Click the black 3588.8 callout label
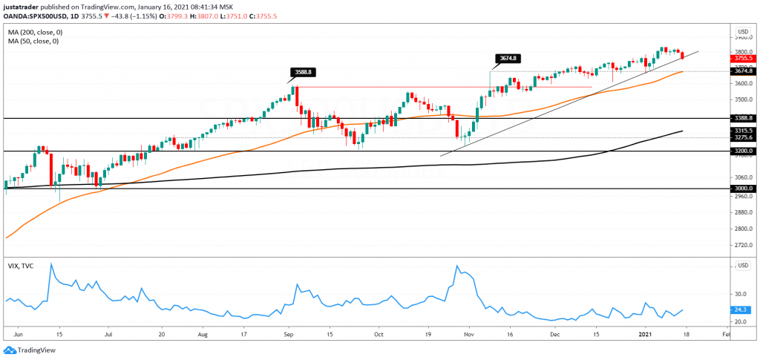(302, 72)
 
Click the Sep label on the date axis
(288, 335)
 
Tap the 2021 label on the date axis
(646, 335)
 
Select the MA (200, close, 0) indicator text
(36, 33)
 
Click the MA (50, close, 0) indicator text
(34, 42)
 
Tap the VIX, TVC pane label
(20, 266)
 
